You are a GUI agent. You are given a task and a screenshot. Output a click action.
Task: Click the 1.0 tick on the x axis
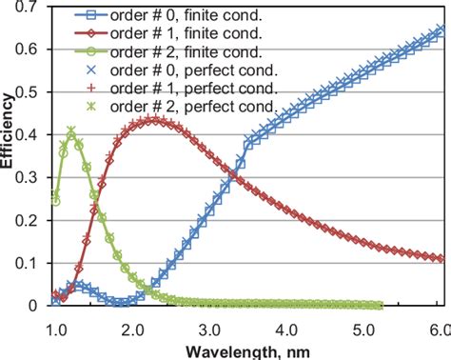pos(55,327)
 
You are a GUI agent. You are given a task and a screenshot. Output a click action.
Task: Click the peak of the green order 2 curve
pos(70,130)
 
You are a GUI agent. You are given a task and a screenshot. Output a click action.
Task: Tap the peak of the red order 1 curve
pos(156,121)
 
